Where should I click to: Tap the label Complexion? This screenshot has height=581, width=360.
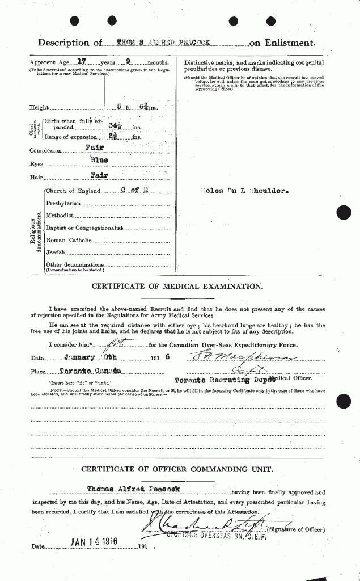pos(46,151)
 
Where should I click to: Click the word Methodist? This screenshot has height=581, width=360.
pos(59,216)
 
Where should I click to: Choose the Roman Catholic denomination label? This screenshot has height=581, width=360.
pos(68,240)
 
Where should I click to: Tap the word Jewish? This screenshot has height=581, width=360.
pos(55,252)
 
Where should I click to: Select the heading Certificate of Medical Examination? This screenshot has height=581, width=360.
pos(177,287)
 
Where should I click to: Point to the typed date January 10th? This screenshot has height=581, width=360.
pos(88,357)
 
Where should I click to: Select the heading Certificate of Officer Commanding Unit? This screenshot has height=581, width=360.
pos(177,469)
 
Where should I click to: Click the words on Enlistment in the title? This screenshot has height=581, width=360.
pos(282,43)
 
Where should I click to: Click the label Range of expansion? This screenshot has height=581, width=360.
pos(69,137)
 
